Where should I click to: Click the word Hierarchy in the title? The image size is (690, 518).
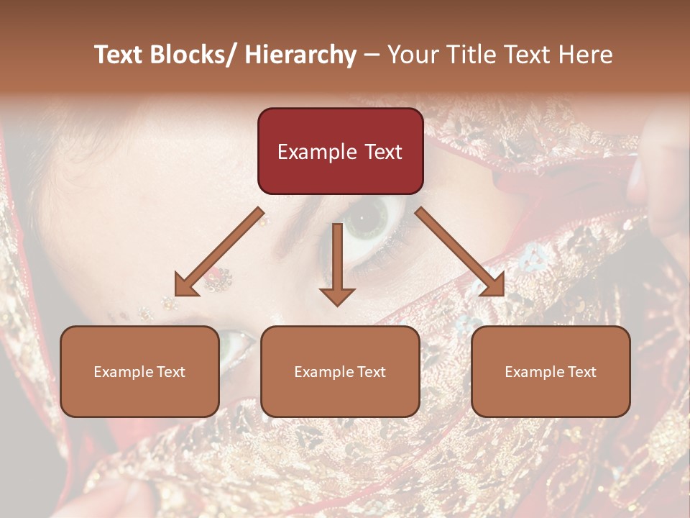[x=300, y=55]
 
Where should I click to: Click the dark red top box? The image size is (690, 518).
[x=340, y=151]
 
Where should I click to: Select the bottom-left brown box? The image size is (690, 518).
[x=139, y=371]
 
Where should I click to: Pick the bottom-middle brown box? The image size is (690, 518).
[x=340, y=371]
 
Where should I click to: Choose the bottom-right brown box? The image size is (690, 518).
[x=551, y=371]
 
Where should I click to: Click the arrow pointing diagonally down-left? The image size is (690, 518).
[x=220, y=252]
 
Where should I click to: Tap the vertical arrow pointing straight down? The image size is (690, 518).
[x=337, y=263]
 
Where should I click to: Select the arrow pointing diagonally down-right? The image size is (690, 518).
[x=459, y=251]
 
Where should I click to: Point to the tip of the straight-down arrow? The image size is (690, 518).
[x=337, y=305]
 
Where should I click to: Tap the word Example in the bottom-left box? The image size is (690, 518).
[x=123, y=372]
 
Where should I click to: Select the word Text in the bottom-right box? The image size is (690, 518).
[x=581, y=372]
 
